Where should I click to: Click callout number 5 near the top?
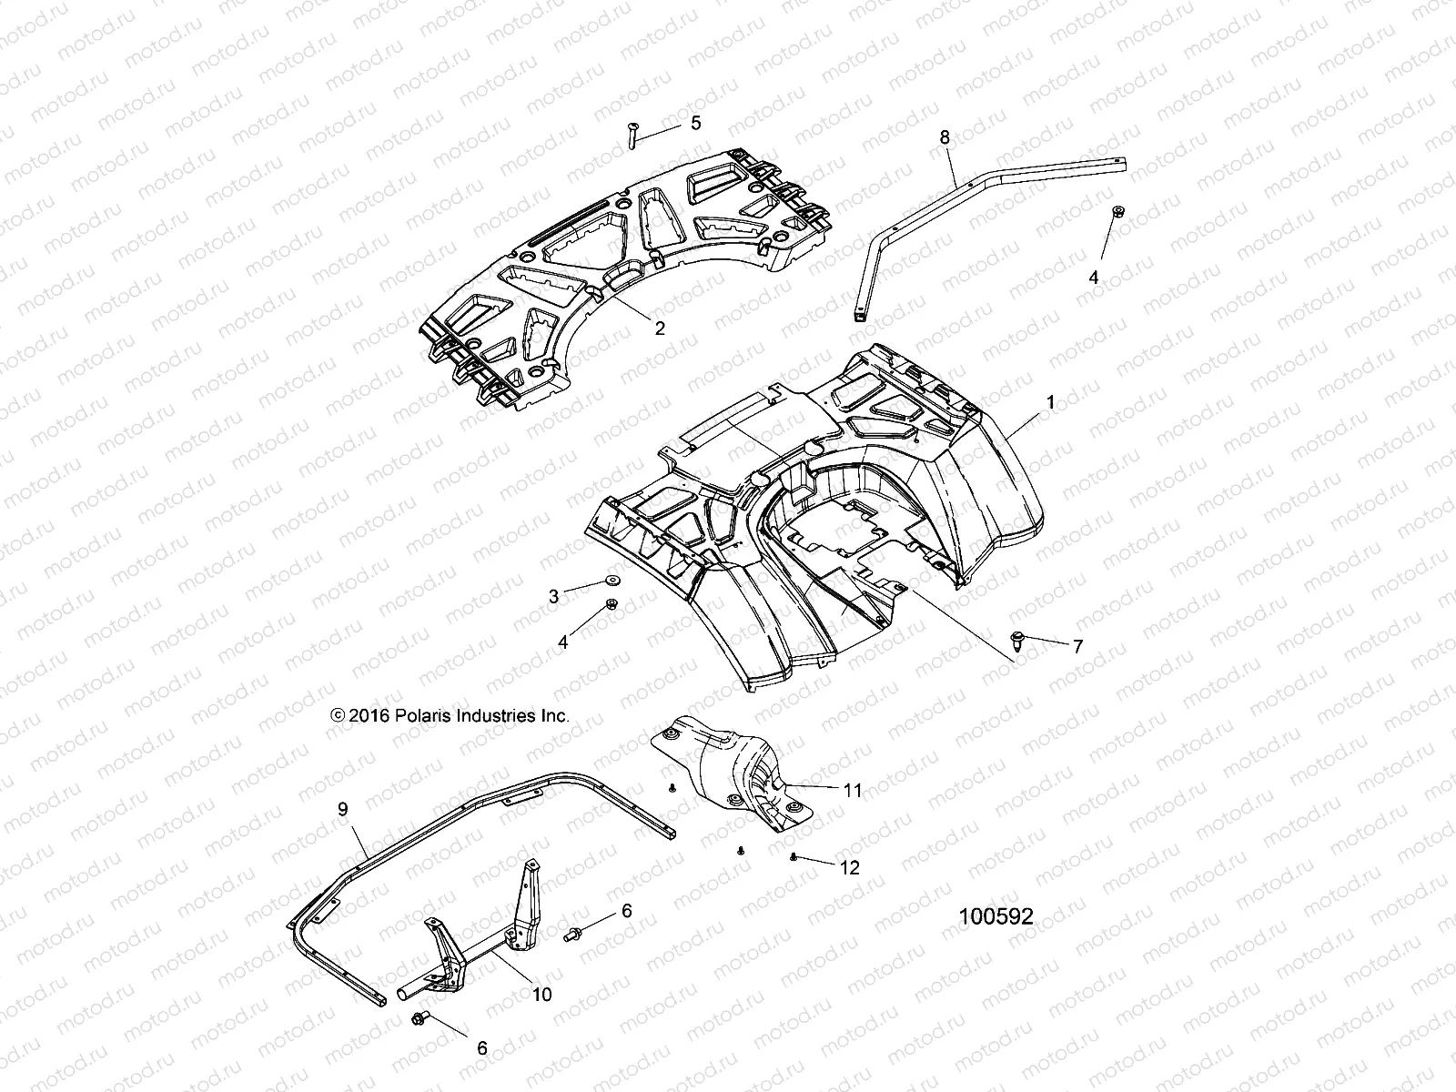point(695,123)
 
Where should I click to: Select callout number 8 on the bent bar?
point(945,136)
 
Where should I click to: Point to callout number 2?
point(660,329)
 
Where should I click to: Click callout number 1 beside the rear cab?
point(1051,401)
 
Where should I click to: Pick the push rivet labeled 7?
point(1017,638)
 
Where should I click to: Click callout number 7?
point(1077,647)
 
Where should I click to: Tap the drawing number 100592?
point(996,917)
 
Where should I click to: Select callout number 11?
point(853,791)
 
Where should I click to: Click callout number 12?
point(849,868)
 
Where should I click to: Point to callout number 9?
point(342,808)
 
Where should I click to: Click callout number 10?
point(541,995)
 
